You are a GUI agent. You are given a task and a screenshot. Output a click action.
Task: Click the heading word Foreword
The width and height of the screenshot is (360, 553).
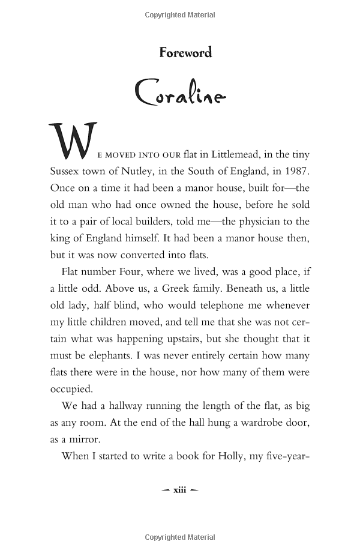click(x=185, y=53)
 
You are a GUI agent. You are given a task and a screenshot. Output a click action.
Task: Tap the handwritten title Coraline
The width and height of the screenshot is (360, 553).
click(x=180, y=94)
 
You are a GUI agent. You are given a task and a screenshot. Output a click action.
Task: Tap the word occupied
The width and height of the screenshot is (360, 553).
click(x=71, y=388)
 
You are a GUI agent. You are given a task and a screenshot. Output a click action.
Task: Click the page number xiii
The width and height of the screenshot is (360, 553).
click(x=180, y=490)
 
